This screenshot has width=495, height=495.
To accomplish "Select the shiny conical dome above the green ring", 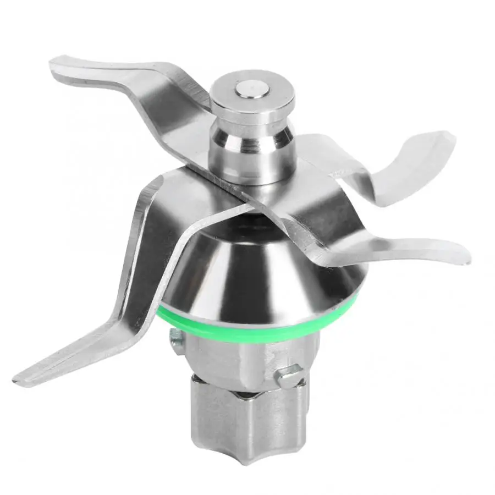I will pos(258,275).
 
